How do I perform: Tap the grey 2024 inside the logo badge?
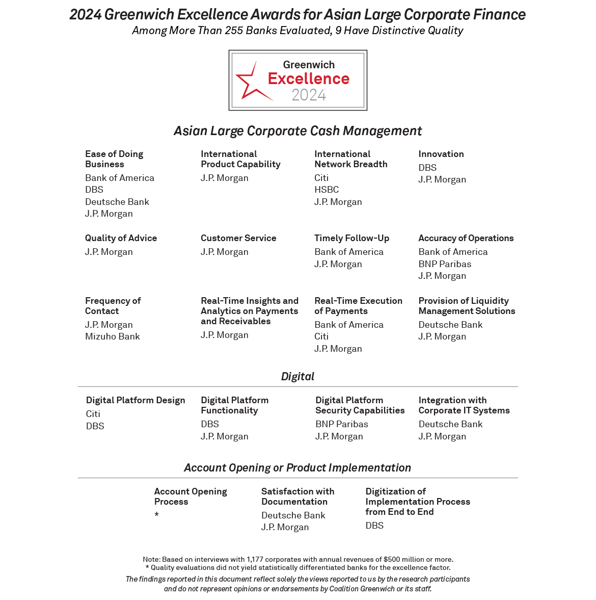[x=309, y=95]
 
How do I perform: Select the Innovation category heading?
[x=441, y=154]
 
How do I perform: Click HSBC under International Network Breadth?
[x=327, y=190]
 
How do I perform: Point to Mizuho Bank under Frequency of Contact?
[x=113, y=336]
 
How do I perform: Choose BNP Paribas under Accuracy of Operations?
[x=445, y=264]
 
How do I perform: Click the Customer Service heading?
[x=238, y=238]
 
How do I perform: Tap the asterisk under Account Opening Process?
[x=157, y=515]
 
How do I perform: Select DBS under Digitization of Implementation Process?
[x=374, y=526]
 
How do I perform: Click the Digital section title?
[x=297, y=377]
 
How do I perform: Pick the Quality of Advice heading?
[x=121, y=238]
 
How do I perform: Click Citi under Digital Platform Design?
[x=93, y=414]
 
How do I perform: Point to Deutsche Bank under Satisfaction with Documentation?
[x=293, y=515]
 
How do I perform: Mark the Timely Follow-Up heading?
[x=351, y=238]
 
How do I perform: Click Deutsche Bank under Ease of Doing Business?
[x=117, y=202]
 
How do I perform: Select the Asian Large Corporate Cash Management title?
[x=297, y=131]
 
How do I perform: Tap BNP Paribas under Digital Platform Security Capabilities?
[x=341, y=424]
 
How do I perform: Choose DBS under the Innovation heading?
[x=427, y=168]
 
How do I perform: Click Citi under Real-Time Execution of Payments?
[x=321, y=336]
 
